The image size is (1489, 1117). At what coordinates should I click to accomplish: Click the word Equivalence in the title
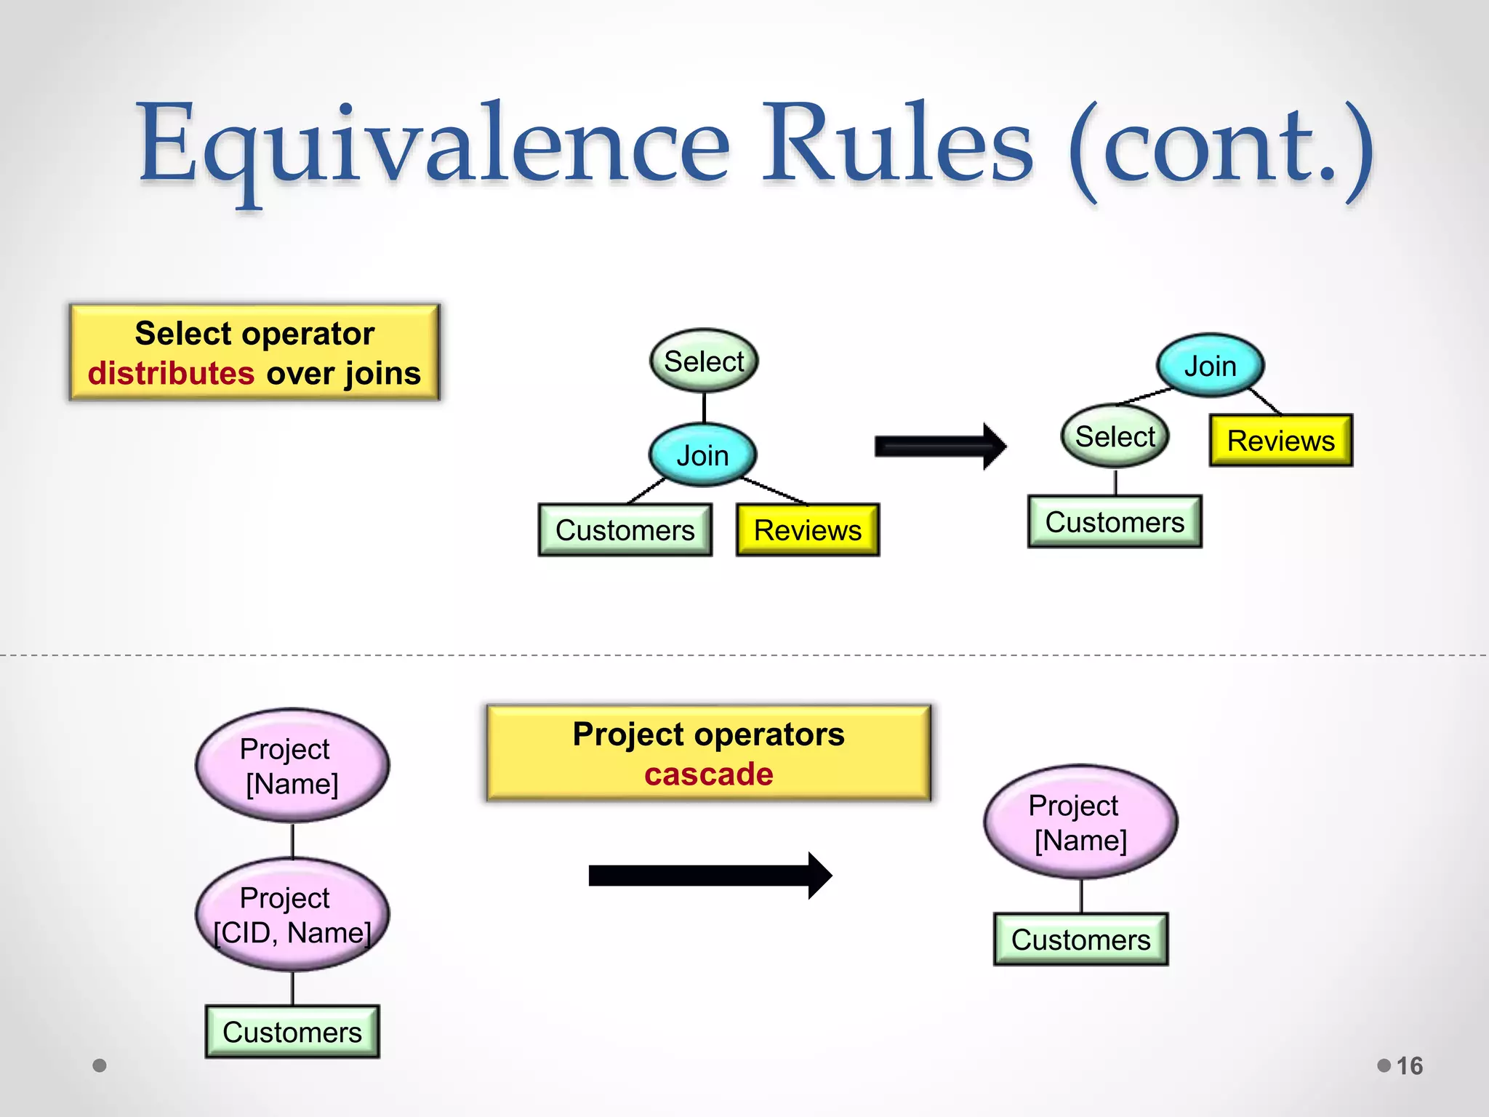(433, 144)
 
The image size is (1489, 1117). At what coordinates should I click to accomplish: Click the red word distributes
(171, 374)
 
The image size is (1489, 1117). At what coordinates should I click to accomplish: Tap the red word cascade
(708, 774)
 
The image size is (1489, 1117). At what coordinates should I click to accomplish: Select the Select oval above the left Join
(704, 361)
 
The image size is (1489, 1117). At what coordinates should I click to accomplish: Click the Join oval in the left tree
(702, 456)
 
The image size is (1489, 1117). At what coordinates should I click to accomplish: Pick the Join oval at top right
(1210, 367)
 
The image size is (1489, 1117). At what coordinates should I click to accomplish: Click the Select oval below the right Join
(1115, 437)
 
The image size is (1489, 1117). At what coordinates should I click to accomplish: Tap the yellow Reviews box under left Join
(807, 530)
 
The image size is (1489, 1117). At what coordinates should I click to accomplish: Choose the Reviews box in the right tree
(1280, 441)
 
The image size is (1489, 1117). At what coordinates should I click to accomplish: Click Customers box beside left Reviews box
(625, 530)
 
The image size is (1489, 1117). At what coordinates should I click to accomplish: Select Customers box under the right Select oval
(1115, 522)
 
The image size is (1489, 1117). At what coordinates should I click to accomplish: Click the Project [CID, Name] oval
(292, 916)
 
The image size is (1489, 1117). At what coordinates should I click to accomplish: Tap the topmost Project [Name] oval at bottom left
(292, 766)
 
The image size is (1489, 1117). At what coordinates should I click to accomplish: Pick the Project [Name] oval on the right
(1080, 822)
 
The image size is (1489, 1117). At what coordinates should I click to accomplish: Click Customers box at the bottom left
(292, 1032)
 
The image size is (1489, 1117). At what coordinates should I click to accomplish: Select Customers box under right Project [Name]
(1080, 940)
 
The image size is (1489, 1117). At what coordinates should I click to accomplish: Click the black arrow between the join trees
(939, 446)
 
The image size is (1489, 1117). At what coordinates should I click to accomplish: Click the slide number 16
(1409, 1066)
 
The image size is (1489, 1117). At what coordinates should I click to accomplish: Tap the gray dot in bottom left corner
(100, 1065)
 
